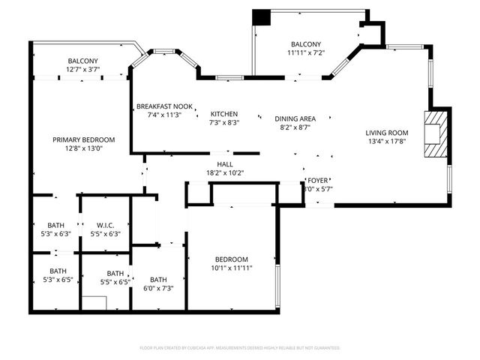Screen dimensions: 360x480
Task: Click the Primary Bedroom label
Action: (x=83, y=139)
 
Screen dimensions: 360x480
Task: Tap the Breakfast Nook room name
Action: (x=164, y=106)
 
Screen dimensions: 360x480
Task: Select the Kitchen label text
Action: (x=223, y=114)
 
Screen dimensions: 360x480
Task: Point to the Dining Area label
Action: (x=294, y=118)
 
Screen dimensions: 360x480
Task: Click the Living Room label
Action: (x=387, y=130)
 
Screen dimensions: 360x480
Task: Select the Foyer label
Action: (x=318, y=181)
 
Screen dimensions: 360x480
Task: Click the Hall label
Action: (x=225, y=164)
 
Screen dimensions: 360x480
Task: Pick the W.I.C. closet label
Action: (x=105, y=225)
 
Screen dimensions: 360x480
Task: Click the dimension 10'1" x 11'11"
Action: (x=231, y=268)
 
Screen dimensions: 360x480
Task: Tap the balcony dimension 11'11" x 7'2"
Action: (x=305, y=53)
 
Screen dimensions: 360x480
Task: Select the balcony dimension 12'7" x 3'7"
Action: (x=83, y=70)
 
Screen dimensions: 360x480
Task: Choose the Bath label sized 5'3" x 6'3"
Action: (x=56, y=225)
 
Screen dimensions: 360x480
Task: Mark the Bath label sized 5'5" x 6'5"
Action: (x=115, y=274)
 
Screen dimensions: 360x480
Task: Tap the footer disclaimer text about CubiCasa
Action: (x=240, y=348)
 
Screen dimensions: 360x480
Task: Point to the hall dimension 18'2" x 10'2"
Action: (x=225, y=173)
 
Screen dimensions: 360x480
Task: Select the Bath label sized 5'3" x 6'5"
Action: (x=58, y=271)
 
